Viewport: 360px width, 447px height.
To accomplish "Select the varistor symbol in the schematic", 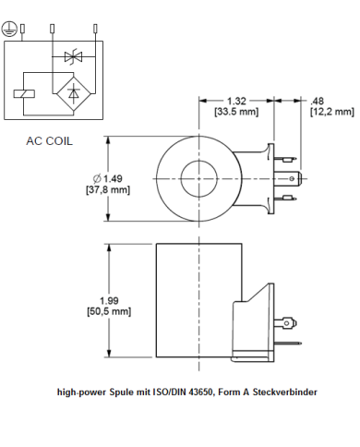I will [x=73, y=57].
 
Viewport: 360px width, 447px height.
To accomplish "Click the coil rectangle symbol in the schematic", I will [x=25, y=92].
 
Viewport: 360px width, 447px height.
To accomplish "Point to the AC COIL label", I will [x=49, y=142].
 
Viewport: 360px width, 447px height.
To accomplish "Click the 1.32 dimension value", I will [x=237, y=100].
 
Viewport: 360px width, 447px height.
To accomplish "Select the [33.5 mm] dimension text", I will [x=237, y=112].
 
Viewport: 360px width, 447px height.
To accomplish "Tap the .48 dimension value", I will [x=318, y=100].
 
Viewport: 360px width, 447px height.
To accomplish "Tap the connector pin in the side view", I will [x=291, y=323].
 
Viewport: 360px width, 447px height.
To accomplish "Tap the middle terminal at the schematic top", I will [x=53, y=28].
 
